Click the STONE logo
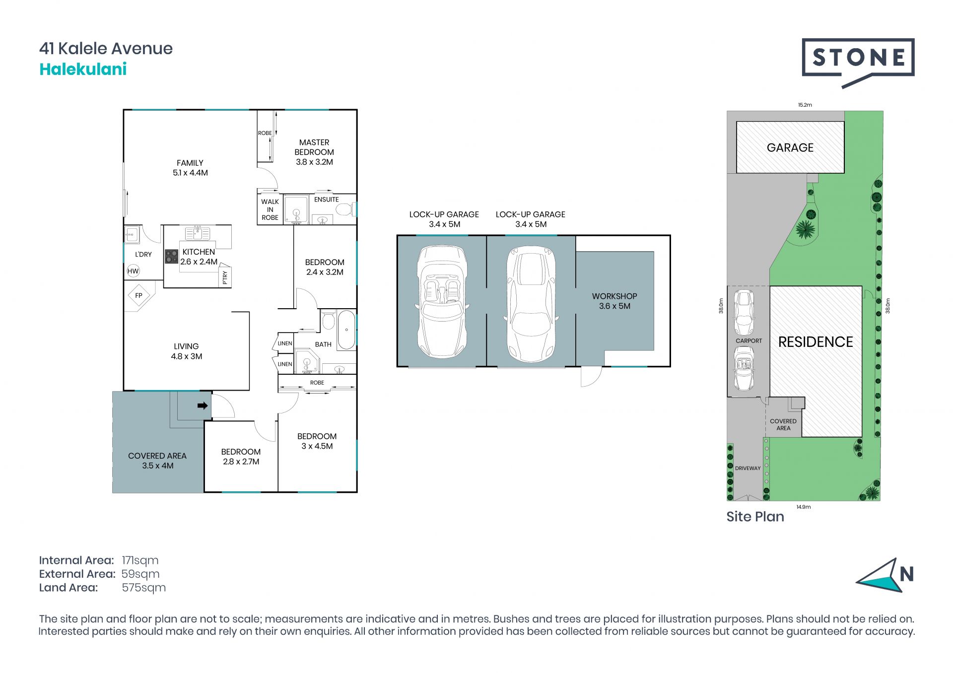coord(858,63)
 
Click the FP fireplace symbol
coord(139,295)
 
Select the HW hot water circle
coord(133,271)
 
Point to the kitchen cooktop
coord(172,256)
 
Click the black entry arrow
coord(203,406)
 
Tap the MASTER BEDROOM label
coord(314,147)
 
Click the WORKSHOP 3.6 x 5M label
coord(614,301)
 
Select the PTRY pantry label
coord(225,277)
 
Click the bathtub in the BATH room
coord(346,330)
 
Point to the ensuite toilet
coord(344,209)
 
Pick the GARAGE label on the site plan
coord(790,147)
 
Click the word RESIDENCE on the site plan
coord(816,342)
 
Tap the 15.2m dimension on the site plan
coord(805,105)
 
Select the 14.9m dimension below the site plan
coord(804,507)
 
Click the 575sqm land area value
coord(144,588)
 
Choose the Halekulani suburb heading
coord(83,69)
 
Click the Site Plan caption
coord(755,517)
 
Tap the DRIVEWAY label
coord(748,468)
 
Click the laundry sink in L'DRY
coord(132,234)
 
